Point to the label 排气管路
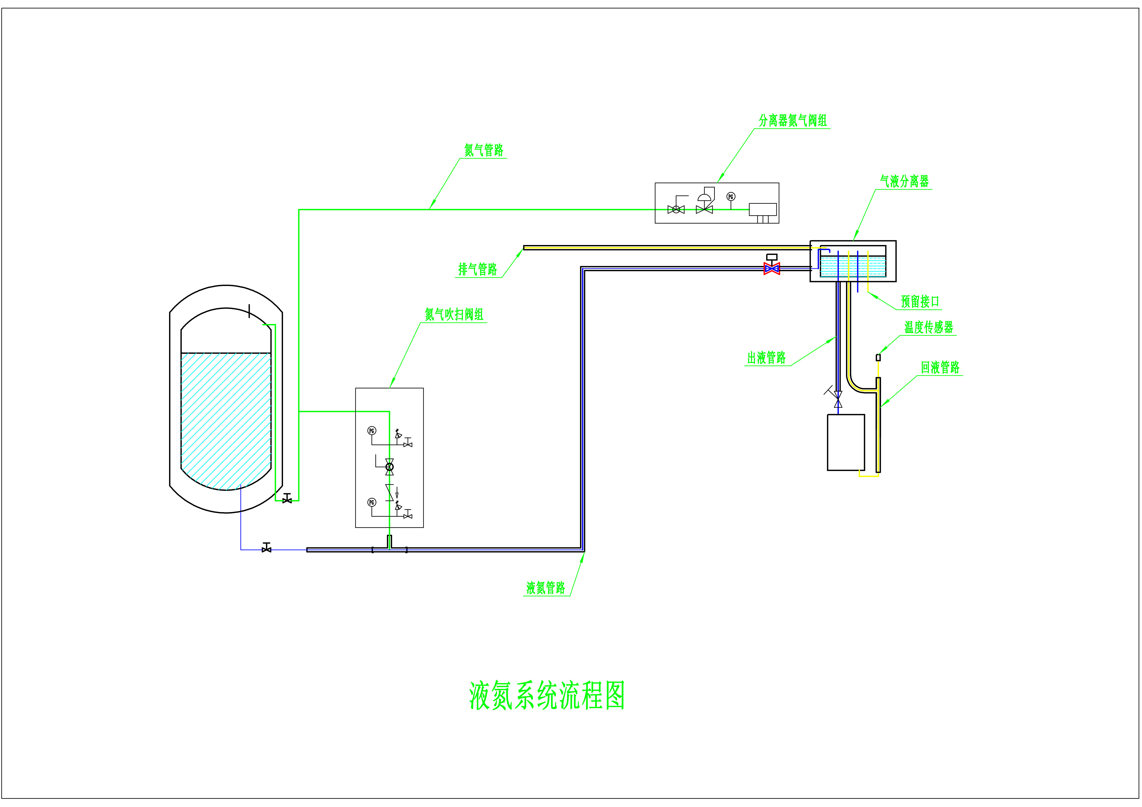pyautogui.click(x=478, y=269)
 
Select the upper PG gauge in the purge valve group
pyautogui.click(x=372, y=431)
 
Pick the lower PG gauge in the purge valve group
pyautogui.click(x=372, y=502)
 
